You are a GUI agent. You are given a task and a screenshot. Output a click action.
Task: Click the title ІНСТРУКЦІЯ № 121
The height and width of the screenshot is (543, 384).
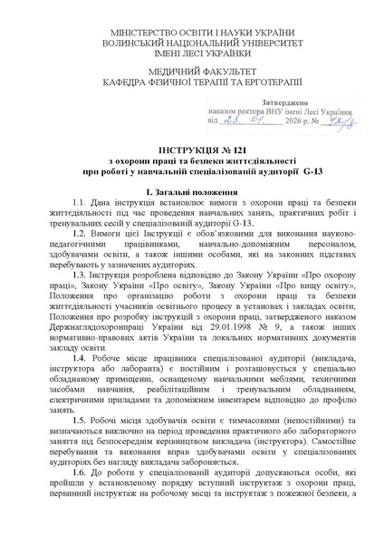click(192, 147)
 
